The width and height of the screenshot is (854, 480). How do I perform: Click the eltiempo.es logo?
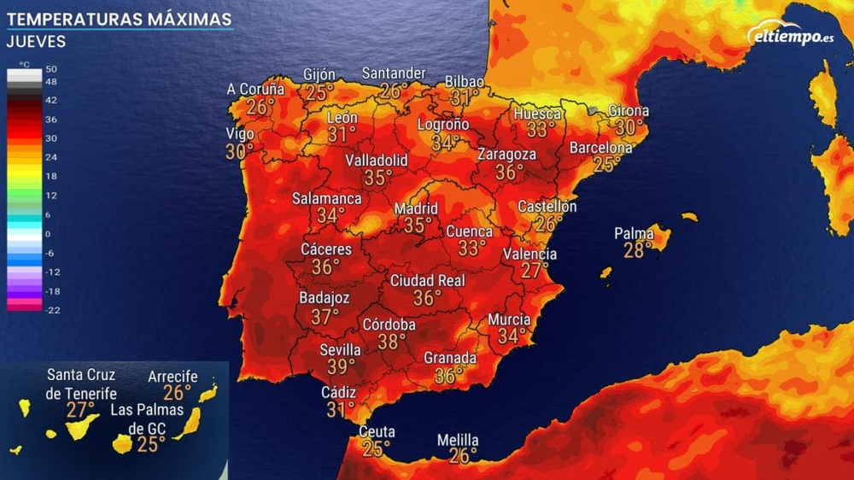point(790,35)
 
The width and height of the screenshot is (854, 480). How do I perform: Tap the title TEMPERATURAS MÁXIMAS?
point(119,19)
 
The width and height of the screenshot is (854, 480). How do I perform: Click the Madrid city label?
point(416,208)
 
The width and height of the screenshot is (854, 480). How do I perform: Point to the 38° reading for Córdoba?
point(392,342)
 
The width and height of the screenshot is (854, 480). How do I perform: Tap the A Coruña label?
point(255,89)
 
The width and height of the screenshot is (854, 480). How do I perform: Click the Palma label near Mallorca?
point(634,233)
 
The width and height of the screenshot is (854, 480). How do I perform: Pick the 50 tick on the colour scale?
point(50,69)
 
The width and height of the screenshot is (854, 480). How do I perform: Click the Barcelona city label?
point(601,148)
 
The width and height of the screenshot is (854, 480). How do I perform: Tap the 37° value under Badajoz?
point(325,316)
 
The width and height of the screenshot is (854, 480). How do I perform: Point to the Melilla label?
point(458,441)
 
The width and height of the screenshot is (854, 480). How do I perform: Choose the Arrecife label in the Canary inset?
point(173,376)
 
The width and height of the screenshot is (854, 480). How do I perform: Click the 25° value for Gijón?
point(320,92)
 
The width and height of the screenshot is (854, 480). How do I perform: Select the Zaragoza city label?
point(506,155)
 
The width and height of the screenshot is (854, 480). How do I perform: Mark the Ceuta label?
point(376,431)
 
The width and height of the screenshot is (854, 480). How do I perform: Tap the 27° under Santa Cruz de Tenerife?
point(80,409)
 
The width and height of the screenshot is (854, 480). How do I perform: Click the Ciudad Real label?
point(427,280)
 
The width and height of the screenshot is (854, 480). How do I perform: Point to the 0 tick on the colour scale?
point(48,233)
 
